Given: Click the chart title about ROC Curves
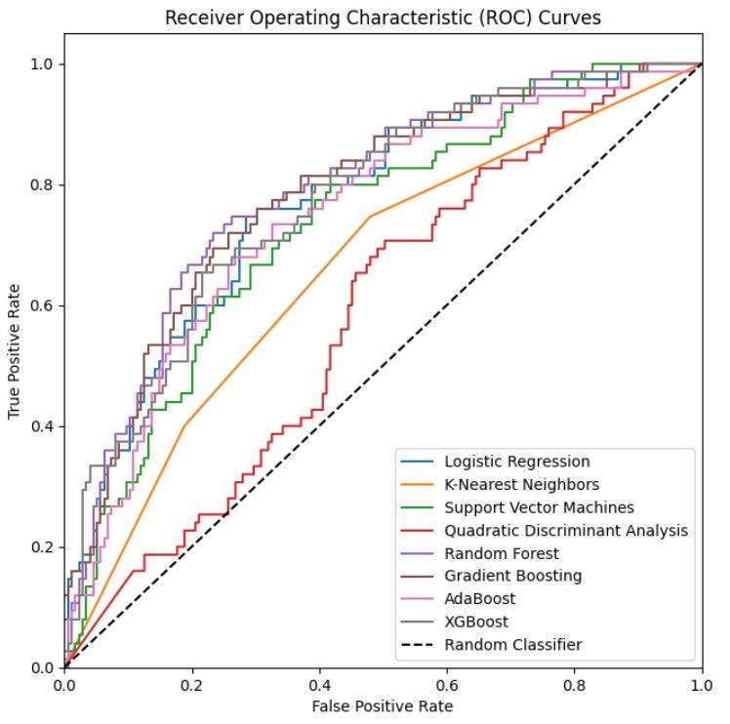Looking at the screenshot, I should point(383,18).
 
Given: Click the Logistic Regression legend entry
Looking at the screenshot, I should point(516,462).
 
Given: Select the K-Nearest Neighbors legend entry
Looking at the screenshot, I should point(521,484).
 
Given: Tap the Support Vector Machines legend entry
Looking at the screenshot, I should point(539,507).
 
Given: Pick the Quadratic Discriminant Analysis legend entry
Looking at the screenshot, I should point(566,531).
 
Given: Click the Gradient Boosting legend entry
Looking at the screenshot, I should point(512,576).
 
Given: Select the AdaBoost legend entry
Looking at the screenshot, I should point(479,599).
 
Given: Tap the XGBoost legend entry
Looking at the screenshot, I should point(476,622).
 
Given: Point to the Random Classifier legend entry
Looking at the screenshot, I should point(512,645).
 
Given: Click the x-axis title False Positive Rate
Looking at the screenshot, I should point(383,705).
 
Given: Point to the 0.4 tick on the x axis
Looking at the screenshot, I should point(319,685).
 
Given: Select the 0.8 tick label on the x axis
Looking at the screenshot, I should point(575,685).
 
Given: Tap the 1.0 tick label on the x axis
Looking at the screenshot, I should point(702,685).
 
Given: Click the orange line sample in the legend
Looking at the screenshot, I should point(420,485).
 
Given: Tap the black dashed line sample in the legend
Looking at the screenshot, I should point(420,645).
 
